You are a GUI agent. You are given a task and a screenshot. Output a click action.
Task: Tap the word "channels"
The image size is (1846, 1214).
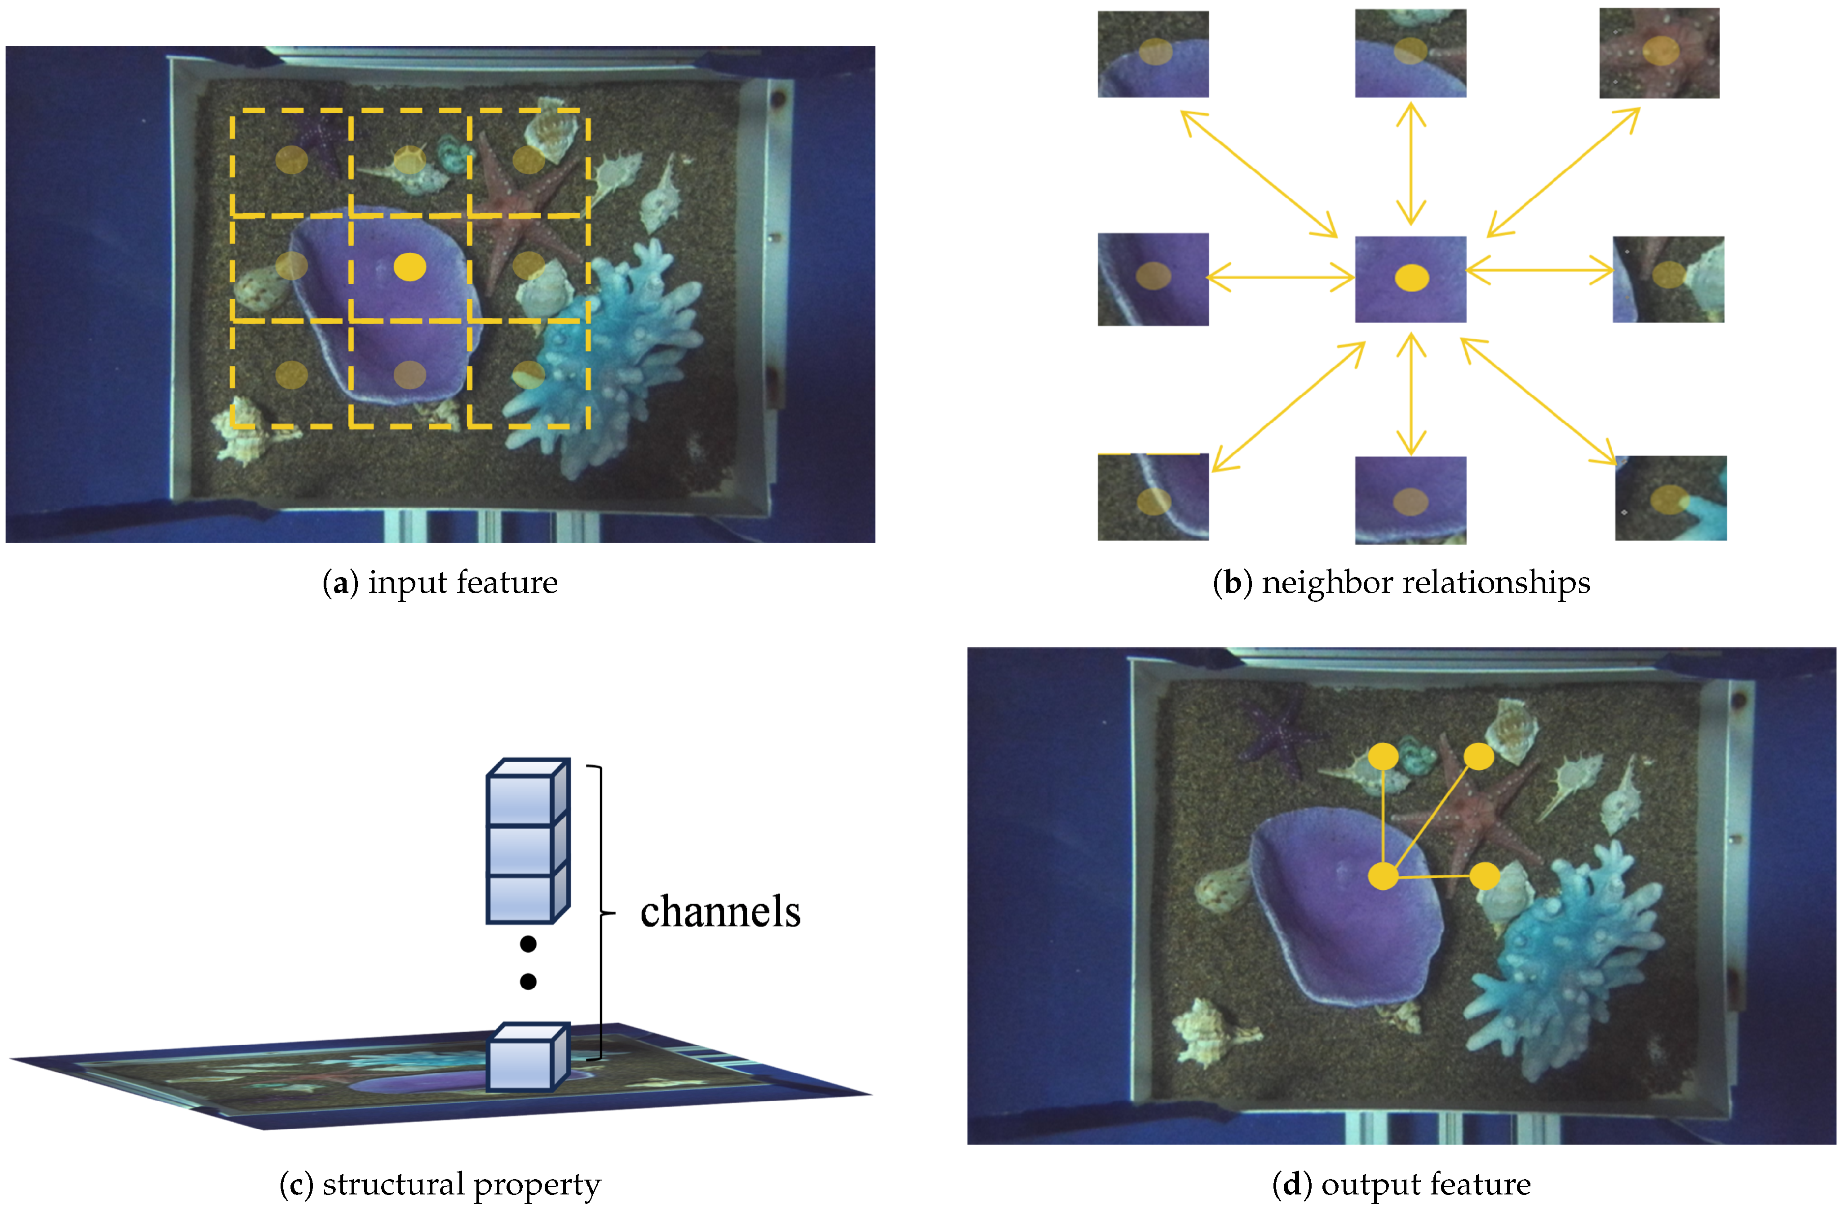click(x=720, y=912)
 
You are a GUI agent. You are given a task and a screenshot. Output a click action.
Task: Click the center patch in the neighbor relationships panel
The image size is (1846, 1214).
click(x=1410, y=279)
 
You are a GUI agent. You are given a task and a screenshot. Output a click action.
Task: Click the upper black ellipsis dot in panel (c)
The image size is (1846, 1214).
click(x=528, y=944)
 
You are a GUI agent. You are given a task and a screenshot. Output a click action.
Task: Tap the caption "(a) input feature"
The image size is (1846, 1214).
click(x=440, y=582)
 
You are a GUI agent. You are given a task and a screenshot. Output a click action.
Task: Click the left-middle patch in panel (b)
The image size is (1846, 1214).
click(x=1153, y=279)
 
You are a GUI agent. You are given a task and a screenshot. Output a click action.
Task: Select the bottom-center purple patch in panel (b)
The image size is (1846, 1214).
click(x=1410, y=500)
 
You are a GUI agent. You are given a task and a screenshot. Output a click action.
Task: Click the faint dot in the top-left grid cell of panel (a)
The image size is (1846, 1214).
click(x=292, y=161)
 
